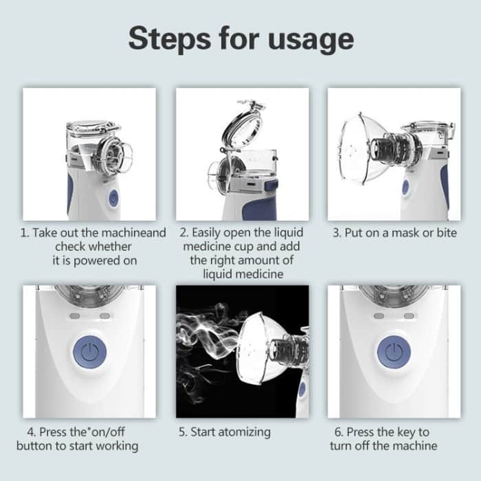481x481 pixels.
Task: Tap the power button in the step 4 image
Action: pos(89,353)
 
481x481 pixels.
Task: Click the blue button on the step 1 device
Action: pos(113,199)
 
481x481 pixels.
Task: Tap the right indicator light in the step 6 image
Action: pos(409,316)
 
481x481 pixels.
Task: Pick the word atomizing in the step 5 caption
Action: pos(244,432)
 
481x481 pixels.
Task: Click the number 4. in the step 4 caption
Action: pos(32,432)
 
